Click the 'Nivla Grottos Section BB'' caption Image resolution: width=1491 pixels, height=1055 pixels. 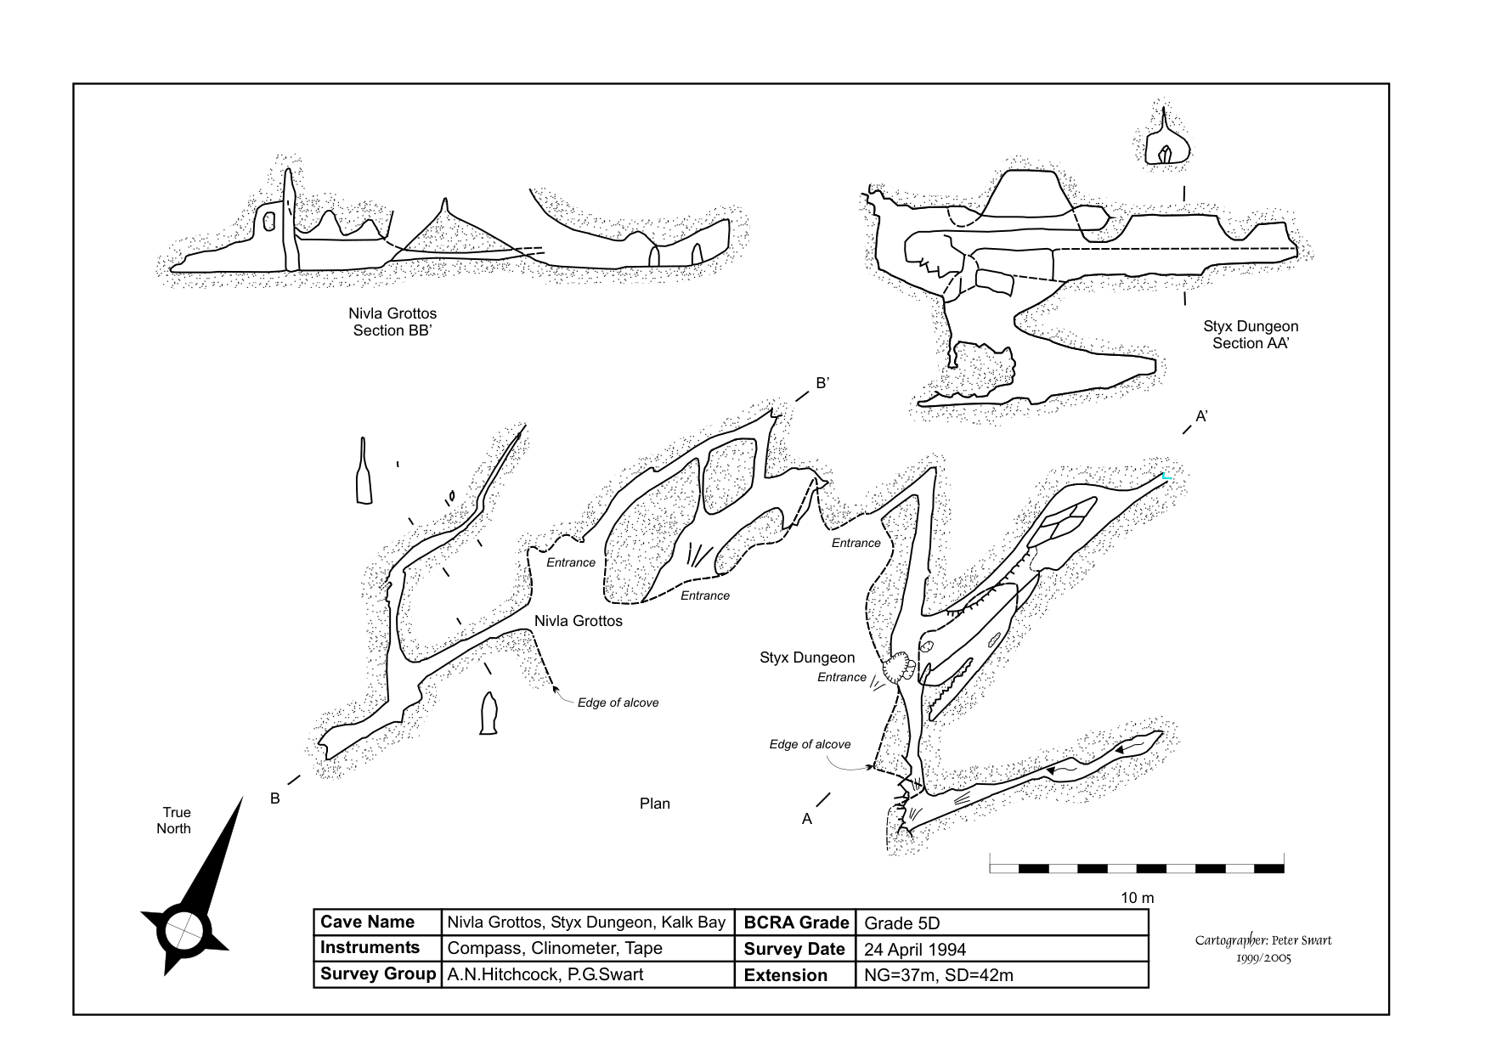point(393,322)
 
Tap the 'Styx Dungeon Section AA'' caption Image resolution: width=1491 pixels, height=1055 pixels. point(1251,335)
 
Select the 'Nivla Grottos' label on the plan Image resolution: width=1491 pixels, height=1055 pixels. point(578,621)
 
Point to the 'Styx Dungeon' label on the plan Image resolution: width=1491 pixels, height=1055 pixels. point(806,657)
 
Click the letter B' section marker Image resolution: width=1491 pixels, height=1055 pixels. point(822,383)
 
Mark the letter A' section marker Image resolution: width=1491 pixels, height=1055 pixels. point(1202,416)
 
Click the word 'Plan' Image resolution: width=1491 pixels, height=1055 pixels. point(654,804)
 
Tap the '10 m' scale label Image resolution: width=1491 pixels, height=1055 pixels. point(1138,898)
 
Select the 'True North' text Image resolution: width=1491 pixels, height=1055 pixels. point(174,821)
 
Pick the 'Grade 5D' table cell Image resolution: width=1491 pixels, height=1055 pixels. point(901,923)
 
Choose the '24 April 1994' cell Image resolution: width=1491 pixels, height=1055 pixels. point(914,950)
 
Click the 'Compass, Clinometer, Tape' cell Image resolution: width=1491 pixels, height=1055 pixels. point(554,948)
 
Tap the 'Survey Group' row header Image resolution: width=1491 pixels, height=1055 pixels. point(377,974)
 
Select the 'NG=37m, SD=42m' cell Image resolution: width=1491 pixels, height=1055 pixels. point(938,975)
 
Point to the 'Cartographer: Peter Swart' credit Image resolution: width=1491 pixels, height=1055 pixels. point(1262,940)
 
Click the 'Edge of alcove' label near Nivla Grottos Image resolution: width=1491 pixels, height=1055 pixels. point(618,702)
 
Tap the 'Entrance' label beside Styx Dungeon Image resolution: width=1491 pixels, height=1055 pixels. point(841,677)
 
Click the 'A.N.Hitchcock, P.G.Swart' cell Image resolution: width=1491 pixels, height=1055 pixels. point(545,974)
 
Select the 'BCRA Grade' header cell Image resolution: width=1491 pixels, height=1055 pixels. point(795,922)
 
